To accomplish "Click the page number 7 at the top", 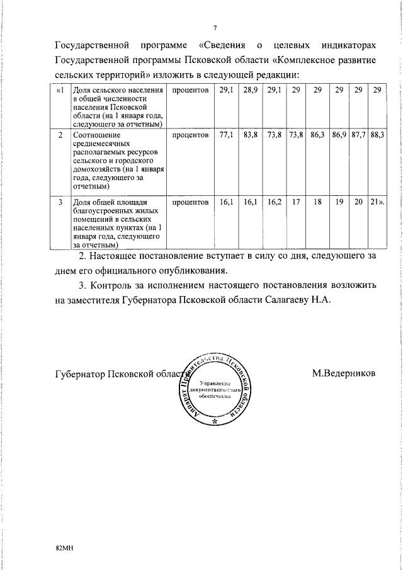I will pos(215,28).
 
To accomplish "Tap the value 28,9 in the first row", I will pos(251,91).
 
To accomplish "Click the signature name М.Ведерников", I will pos(343,373).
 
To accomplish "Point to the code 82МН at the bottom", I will pos(65,549).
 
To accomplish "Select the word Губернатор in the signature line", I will pos(80,373).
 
